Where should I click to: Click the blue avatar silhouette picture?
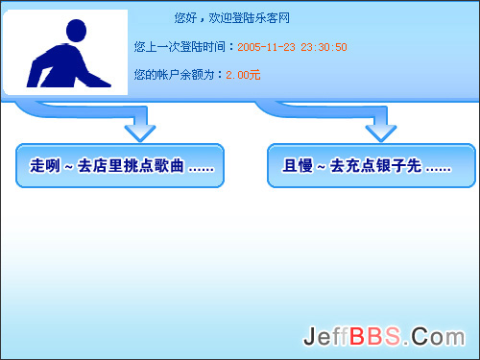pyautogui.click(x=65, y=53)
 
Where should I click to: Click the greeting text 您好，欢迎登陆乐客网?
pyautogui.click(x=232, y=18)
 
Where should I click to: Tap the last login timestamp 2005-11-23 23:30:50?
pyautogui.click(x=292, y=46)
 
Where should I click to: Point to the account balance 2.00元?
pyautogui.click(x=243, y=74)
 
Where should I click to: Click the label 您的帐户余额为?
pyautogui.click(x=179, y=74)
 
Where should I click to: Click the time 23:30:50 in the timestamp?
pyautogui.click(x=324, y=46)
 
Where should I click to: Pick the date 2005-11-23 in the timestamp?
pyautogui.click(x=266, y=46)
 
